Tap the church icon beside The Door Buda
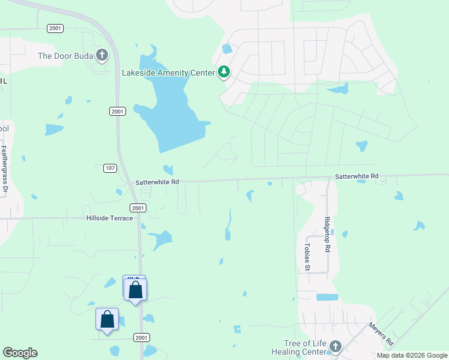click(102, 56)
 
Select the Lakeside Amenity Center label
click(168, 73)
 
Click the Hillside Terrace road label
click(109, 218)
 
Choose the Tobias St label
click(306, 257)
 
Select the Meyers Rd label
click(381, 334)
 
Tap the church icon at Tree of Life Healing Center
click(335, 346)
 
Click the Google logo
click(20, 353)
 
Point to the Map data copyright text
click(412, 355)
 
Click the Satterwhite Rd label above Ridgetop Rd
click(357, 176)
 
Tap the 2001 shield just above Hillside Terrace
click(139, 208)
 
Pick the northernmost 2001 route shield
click(55, 28)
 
